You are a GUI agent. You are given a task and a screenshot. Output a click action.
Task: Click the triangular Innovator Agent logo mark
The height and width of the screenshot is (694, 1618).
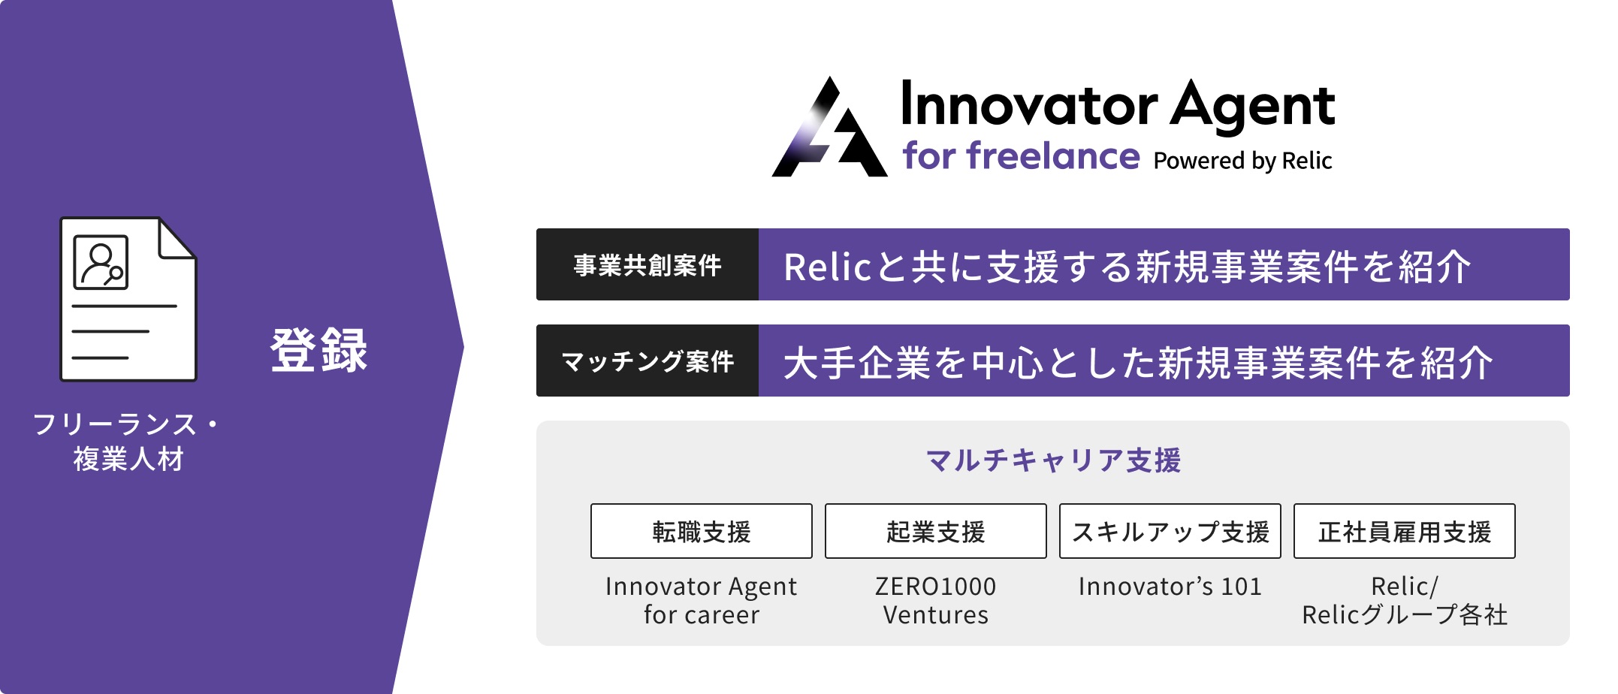829,128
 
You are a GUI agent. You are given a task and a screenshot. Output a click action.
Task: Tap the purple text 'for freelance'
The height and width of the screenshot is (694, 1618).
1021,155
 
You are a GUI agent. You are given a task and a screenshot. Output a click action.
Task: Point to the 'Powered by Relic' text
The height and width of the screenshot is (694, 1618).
1242,161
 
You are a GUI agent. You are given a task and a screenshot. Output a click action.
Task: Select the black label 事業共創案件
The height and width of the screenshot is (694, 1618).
648,264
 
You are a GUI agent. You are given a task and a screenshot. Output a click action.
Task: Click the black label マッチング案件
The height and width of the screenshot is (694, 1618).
648,361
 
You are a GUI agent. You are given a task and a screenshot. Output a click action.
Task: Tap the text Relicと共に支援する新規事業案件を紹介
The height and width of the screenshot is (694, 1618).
1127,267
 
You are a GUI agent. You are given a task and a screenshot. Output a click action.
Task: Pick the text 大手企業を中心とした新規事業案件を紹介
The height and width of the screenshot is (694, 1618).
1138,363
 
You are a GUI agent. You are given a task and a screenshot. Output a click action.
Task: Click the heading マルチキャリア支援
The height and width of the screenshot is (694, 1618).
1053,460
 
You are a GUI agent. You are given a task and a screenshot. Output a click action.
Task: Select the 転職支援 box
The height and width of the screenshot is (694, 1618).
702,531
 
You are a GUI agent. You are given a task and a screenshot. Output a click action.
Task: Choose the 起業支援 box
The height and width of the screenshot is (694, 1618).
936,531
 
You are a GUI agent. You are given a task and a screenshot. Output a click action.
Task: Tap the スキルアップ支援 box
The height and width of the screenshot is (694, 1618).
1170,531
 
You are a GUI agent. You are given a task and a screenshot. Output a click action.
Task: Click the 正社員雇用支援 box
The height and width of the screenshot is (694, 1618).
1405,531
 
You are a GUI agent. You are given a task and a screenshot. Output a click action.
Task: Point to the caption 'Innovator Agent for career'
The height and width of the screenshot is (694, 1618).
702,600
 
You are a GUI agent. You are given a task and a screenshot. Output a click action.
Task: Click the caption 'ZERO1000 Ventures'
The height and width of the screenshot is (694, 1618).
936,600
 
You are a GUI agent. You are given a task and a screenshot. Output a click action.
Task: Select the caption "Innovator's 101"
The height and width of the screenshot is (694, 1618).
1170,586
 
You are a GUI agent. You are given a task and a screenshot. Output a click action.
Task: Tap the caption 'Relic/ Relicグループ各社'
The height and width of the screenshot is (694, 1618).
1405,600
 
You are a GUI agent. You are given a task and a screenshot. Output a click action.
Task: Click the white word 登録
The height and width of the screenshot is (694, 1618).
319,350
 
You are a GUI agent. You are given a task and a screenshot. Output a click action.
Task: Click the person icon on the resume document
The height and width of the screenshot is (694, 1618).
101,262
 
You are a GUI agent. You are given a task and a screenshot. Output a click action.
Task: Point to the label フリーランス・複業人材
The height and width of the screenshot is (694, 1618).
128,441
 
